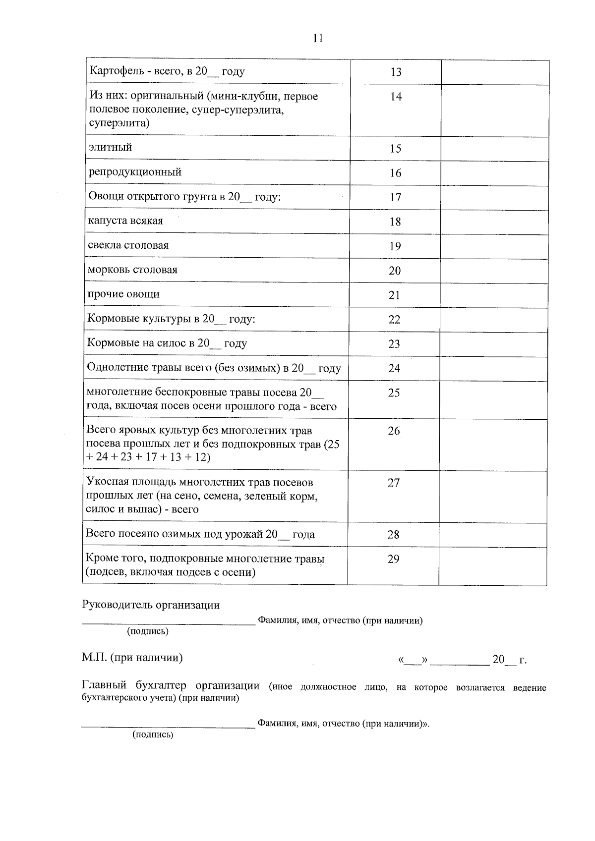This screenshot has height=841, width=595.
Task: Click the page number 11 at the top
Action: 318,38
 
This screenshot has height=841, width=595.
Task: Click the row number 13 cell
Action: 396,72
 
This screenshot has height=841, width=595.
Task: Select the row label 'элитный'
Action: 110,147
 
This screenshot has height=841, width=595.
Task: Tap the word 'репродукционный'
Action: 135,172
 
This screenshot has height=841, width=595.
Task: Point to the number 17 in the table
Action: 395,198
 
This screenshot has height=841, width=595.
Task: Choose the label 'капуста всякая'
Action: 125,221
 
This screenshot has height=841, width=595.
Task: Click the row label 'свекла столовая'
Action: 128,245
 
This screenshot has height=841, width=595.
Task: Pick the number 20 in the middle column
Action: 395,271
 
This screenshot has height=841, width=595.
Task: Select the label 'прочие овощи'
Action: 123,294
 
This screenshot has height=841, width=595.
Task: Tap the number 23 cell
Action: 394,344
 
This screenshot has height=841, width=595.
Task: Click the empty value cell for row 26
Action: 492,445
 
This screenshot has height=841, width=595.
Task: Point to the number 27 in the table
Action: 394,483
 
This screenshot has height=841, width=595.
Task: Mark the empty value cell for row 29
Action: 492,565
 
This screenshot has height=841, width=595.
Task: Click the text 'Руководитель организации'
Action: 151,605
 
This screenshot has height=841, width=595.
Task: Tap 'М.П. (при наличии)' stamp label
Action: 132,658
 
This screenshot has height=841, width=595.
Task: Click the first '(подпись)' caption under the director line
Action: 148,631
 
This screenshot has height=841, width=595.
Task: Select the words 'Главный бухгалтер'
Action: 134,686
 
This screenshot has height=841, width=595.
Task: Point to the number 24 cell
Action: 394,369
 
